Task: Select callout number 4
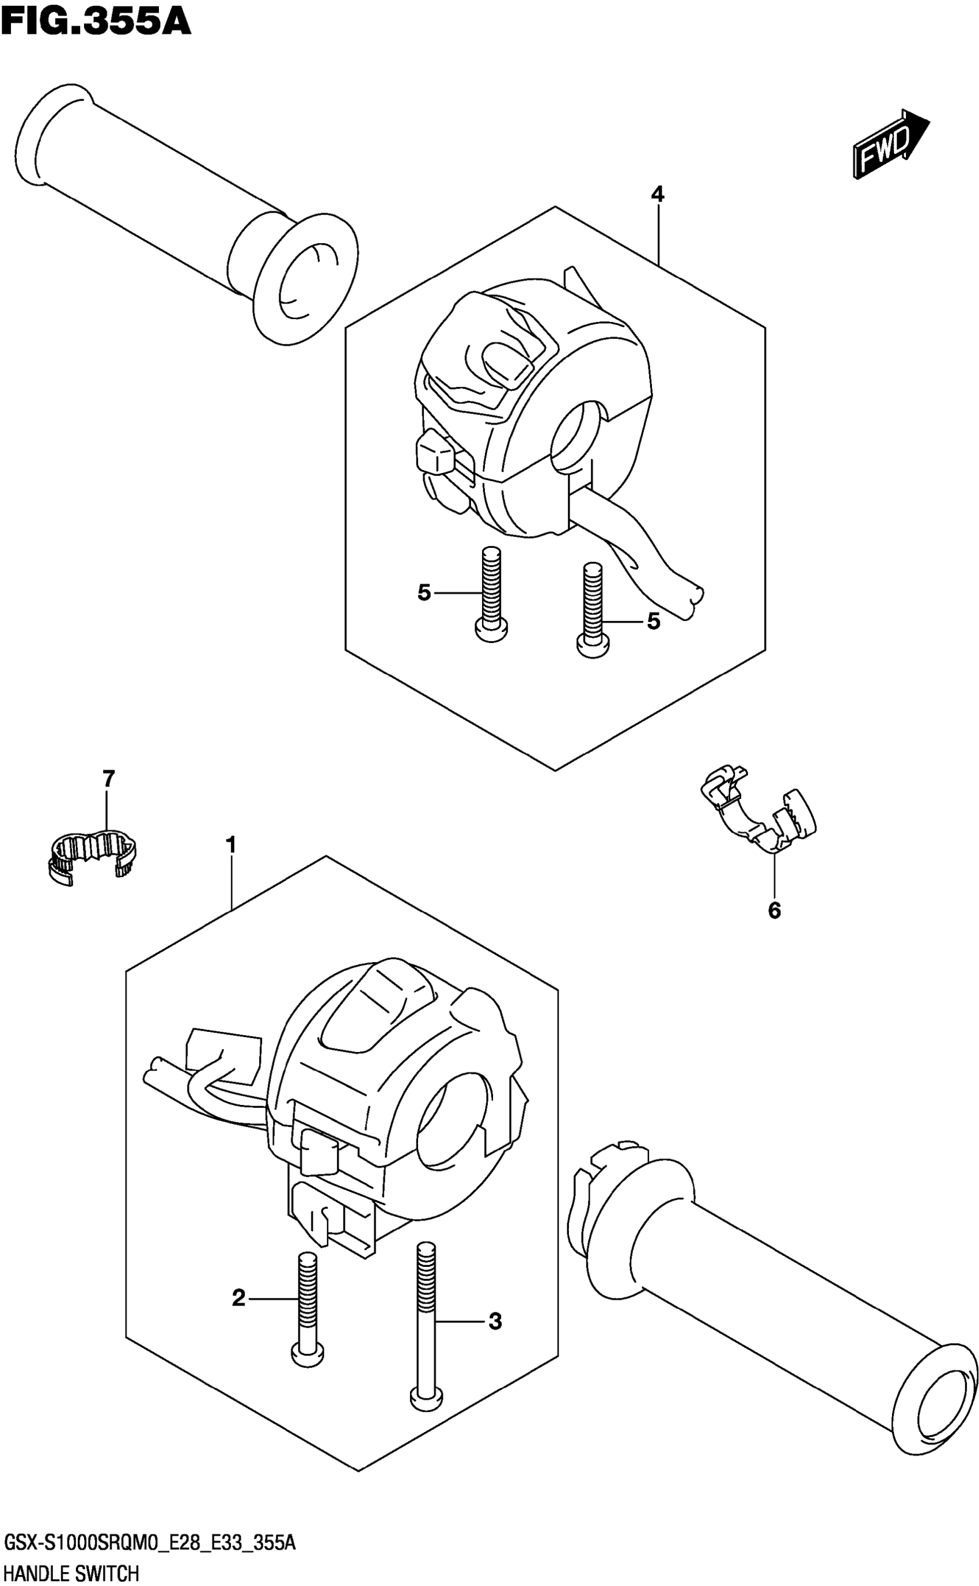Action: (658, 194)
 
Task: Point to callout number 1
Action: (230, 845)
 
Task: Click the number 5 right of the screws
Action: (654, 622)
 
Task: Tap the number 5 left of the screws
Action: (424, 593)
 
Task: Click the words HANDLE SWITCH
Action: (71, 1573)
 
